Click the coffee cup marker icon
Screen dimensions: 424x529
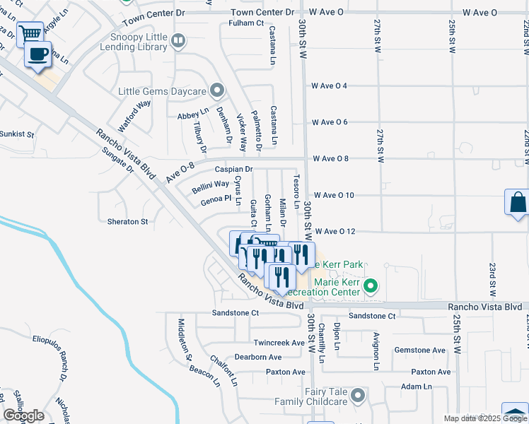pos(38,54)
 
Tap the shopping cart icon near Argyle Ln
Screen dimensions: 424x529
pos(30,33)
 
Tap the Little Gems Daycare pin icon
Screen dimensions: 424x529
pos(217,90)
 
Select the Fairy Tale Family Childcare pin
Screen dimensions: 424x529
pos(358,395)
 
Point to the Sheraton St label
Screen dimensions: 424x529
pos(127,221)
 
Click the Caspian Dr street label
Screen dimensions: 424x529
pos(233,170)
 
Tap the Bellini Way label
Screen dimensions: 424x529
pos(211,184)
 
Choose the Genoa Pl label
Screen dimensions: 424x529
pos(216,200)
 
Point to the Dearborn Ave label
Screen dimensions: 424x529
pos(258,357)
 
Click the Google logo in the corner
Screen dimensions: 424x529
pos(23,416)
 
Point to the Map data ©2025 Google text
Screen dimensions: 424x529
pos(485,418)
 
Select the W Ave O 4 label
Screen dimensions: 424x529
pos(329,86)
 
